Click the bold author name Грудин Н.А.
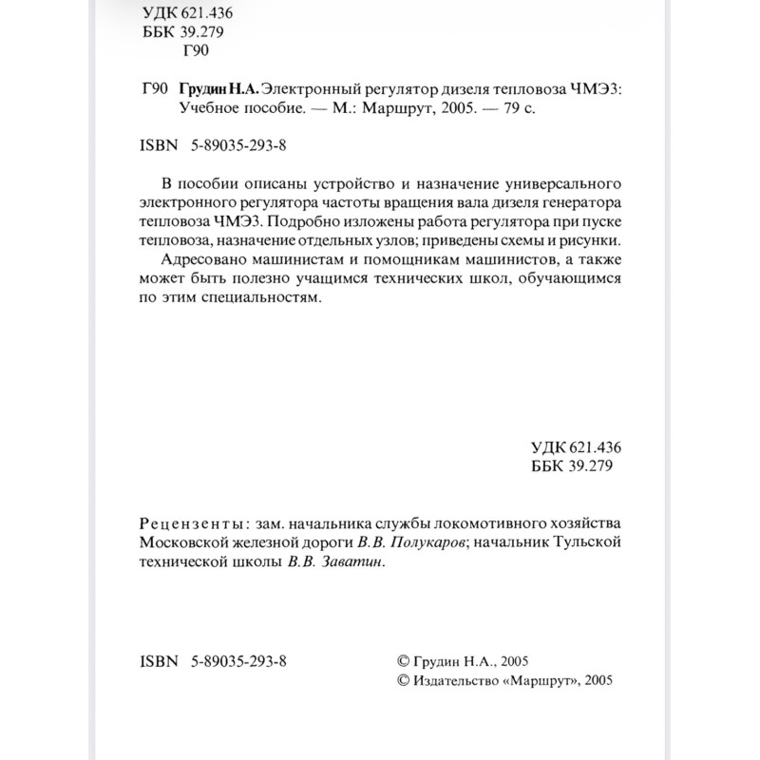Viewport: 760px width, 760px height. click(x=218, y=88)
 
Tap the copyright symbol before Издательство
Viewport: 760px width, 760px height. click(x=402, y=680)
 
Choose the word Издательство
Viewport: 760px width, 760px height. click(x=456, y=680)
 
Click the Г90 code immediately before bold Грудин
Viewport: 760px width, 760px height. click(x=153, y=88)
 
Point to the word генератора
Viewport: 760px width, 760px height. click(x=582, y=201)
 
